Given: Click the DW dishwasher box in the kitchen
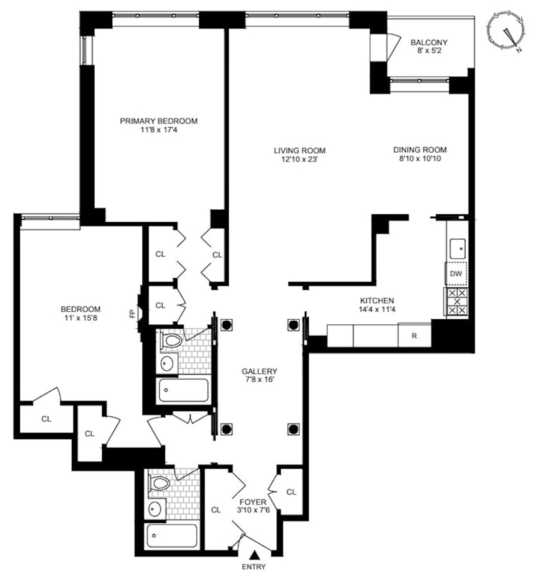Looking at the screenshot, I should (x=455, y=273).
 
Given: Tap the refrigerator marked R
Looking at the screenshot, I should (x=414, y=336).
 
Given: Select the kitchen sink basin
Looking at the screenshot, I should (x=457, y=249).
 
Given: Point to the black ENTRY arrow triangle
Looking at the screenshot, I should (x=254, y=555).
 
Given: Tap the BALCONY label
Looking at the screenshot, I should (x=429, y=42).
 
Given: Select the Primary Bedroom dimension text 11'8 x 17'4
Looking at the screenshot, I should (x=159, y=129).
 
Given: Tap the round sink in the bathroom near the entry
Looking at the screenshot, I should (x=155, y=508).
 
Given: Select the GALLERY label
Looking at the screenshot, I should (x=259, y=371).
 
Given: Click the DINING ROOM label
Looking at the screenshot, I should (x=420, y=150).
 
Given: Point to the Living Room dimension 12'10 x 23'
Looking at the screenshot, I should (x=299, y=159).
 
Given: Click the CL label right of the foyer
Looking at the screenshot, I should (x=291, y=492).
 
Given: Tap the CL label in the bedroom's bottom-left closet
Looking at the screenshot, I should (x=46, y=419).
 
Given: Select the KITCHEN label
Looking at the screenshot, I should (x=377, y=300).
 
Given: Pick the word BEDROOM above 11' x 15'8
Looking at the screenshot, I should (x=80, y=309).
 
